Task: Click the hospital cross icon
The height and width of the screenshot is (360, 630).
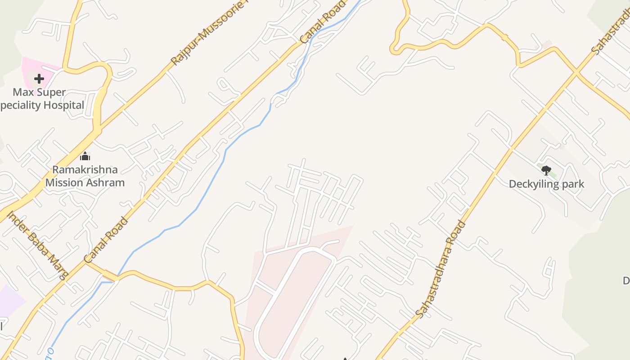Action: click(x=39, y=79)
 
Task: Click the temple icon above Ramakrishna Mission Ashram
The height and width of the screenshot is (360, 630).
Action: click(x=85, y=157)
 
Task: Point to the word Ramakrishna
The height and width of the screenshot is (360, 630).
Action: click(x=85, y=170)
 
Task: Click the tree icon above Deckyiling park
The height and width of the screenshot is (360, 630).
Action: click(x=546, y=170)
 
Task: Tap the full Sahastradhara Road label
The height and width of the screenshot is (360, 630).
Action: click(x=440, y=269)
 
